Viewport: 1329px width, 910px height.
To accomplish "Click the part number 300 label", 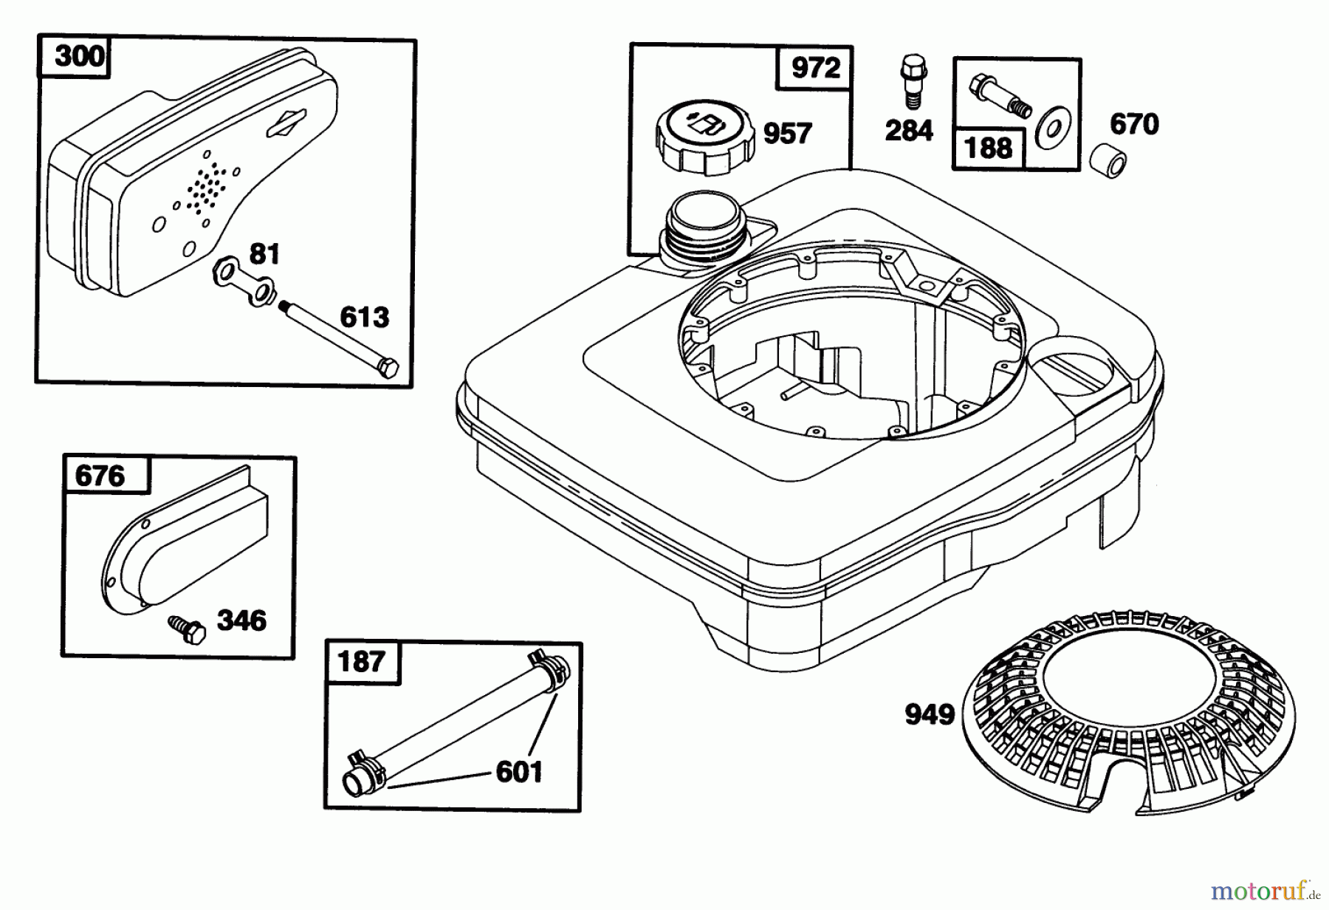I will pyautogui.click(x=80, y=55).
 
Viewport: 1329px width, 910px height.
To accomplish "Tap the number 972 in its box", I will pyautogui.click(x=815, y=68).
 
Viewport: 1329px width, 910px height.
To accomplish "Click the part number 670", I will pyautogui.click(x=1134, y=123).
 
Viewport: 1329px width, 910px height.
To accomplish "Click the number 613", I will pyautogui.click(x=365, y=317).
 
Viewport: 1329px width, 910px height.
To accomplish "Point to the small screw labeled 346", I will pyautogui.click(x=187, y=630).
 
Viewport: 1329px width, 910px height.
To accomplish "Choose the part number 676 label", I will pyautogui.click(x=100, y=476).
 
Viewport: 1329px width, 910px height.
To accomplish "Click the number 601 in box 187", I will pyautogui.click(x=519, y=772).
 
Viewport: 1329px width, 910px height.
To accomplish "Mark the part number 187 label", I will pyautogui.click(x=361, y=660).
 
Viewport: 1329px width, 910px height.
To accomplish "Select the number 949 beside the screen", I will pyautogui.click(x=930, y=714).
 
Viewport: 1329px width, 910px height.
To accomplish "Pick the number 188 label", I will pyautogui.click(x=989, y=148).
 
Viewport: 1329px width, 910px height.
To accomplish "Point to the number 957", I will pyautogui.click(x=787, y=134).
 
